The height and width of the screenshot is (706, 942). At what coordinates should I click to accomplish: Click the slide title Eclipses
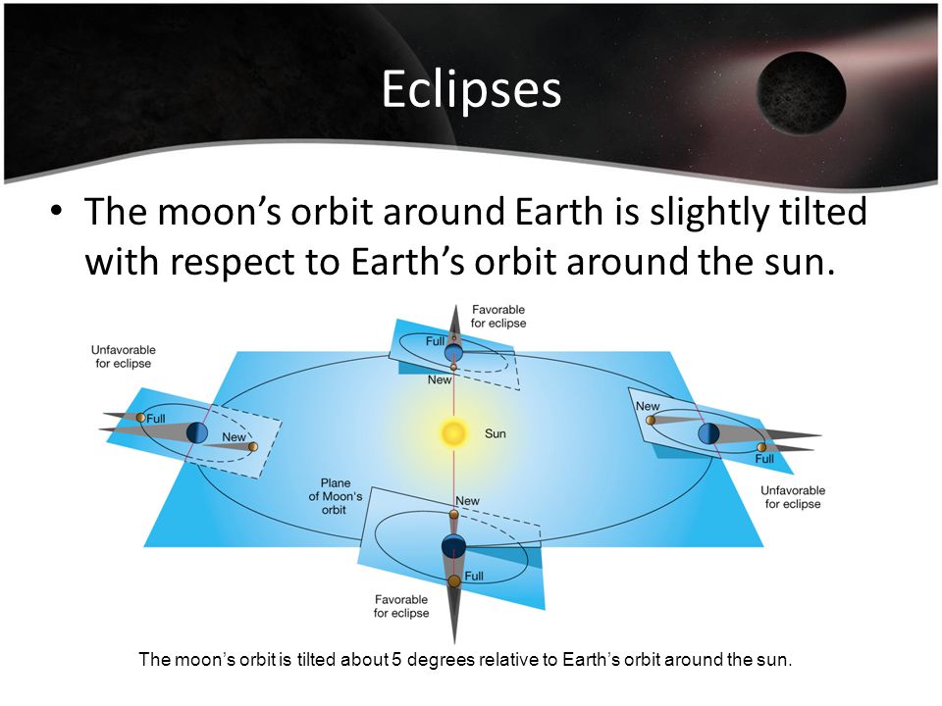pyautogui.click(x=472, y=89)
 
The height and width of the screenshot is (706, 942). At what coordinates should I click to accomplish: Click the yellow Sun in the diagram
pyautogui.click(x=453, y=432)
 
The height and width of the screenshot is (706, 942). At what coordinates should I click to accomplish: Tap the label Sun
pyautogui.click(x=495, y=433)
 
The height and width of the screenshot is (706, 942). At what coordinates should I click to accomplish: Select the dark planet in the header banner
pyautogui.click(x=802, y=93)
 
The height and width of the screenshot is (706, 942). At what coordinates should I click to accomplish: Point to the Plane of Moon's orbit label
pyautogui.click(x=336, y=496)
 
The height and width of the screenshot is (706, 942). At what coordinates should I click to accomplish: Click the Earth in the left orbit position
pyautogui.click(x=197, y=432)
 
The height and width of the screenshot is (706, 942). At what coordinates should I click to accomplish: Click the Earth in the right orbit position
pyautogui.click(x=708, y=433)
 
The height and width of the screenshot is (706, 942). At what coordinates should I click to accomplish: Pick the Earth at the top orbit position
pyautogui.click(x=453, y=352)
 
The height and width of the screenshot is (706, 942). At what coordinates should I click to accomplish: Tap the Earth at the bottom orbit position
pyautogui.click(x=453, y=546)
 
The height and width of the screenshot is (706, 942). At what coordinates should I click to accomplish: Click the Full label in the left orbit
pyautogui.click(x=156, y=419)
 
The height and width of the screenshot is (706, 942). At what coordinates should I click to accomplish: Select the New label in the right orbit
pyautogui.click(x=648, y=406)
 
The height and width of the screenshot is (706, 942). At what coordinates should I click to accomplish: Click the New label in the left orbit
pyautogui.click(x=234, y=437)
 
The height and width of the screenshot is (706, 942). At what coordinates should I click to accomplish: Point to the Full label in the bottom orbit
pyautogui.click(x=473, y=576)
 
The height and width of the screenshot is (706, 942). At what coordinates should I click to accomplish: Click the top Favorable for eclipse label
pyautogui.click(x=498, y=317)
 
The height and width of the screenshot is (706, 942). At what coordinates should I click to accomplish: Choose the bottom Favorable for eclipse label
pyautogui.click(x=401, y=606)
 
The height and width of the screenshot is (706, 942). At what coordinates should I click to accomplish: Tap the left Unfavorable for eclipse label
pyautogui.click(x=124, y=357)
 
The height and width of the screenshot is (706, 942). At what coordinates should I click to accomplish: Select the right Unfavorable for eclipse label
pyautogui.click(x=793, y=497)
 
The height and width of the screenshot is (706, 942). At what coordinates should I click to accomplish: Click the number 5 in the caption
pyautogui.click(x=396, y=659)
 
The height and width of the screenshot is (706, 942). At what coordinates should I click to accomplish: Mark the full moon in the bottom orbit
pyautogui.click(x=454, y=581)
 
